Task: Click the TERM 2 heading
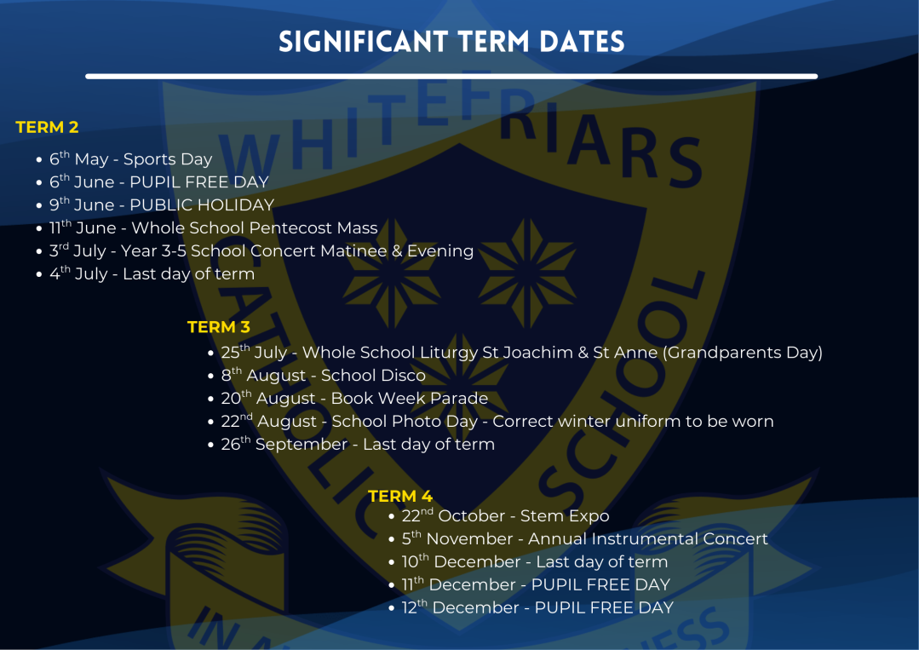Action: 47,127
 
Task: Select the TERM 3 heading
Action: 219,326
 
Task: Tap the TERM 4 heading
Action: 400,496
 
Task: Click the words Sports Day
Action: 168,159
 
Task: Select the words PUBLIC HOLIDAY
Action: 202,205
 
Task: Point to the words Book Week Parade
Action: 409,399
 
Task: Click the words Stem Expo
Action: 565,516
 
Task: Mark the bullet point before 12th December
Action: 392,609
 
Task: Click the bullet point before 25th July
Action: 211,354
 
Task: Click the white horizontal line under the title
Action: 451,76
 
